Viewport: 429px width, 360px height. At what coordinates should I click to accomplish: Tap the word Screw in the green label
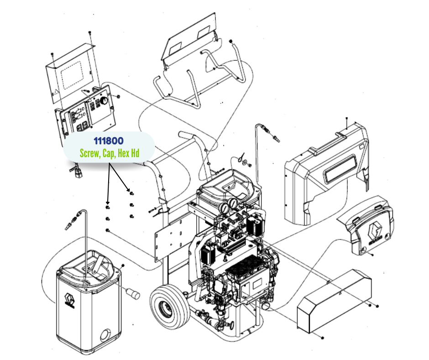click(89, 154)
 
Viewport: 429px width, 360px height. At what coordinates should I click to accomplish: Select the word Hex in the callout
click(123, 154)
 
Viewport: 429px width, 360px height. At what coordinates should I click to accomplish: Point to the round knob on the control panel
click(104, 100)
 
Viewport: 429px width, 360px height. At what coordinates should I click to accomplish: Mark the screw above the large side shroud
click(347, 119)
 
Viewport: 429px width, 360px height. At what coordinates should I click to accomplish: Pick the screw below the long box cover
click(323, 337)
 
